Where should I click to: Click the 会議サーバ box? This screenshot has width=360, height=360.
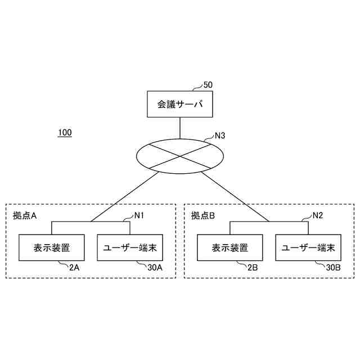point(180,104)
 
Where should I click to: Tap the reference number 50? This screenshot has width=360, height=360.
point(208,85)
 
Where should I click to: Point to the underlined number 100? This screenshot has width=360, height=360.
point(65,133)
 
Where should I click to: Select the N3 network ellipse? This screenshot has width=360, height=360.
point(180,154)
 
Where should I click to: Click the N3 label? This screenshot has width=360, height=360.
point(220,136)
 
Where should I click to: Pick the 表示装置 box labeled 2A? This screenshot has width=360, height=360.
point(51,247)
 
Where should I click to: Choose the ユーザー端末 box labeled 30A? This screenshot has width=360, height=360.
point(130,247)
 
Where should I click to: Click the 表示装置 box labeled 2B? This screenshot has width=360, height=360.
point(229,247)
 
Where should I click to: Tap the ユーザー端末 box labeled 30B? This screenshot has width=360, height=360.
point(308,247)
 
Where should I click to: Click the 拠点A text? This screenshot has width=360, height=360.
point(25,215)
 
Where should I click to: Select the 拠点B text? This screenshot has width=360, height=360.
point(203,215)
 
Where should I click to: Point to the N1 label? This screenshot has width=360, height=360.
point(139,215)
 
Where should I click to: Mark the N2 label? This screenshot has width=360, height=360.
point(317,215)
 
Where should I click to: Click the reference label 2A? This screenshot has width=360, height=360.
point(74,268)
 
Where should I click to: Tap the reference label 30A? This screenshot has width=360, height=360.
point(155,268)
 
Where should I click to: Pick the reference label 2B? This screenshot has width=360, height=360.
point(253,268)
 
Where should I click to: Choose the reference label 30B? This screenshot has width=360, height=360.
point(333,268)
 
